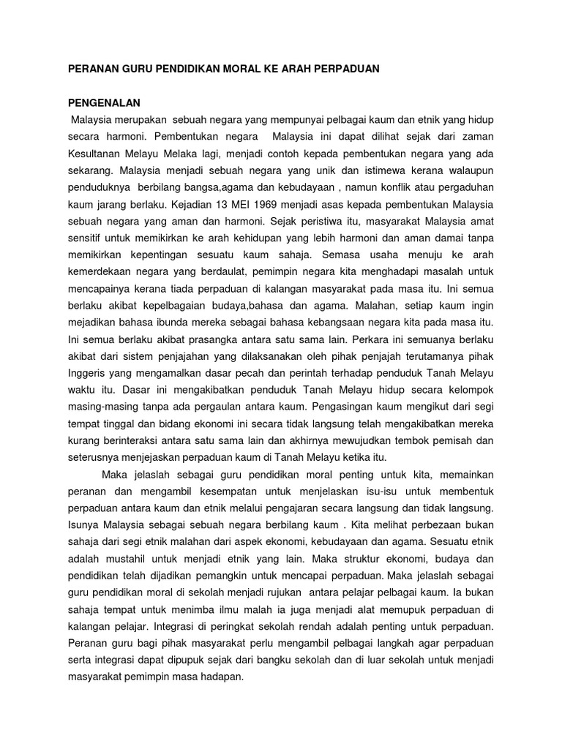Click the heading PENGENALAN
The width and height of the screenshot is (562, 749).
point(103,102)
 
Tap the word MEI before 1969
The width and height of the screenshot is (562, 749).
point(215,203)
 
